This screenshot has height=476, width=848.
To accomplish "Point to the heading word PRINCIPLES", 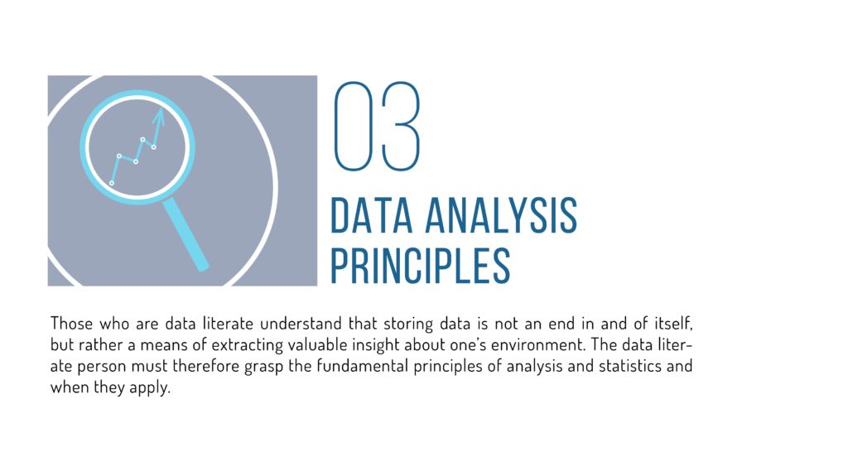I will pyautogui.click(x=420, y=265).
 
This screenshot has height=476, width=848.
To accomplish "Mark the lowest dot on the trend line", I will pyautogui.click(x=112, y=183).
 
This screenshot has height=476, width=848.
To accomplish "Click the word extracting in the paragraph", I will pyautogui.click(x=269, y=344).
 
